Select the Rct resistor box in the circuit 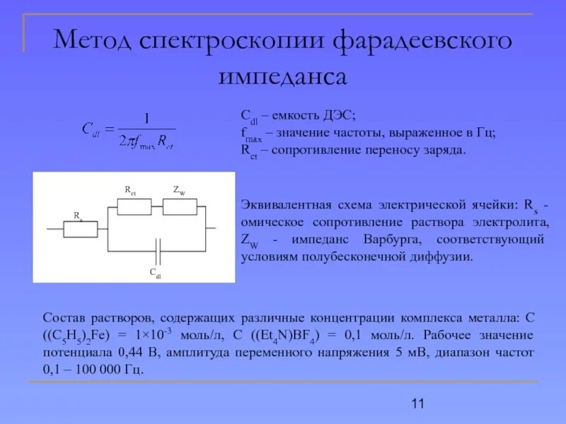coord(134,206)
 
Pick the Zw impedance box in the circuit coord(180,206)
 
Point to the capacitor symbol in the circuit coord(159,249)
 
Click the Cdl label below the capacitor coord(154,273)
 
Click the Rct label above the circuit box coord(131,189)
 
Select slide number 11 coord(417,404)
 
